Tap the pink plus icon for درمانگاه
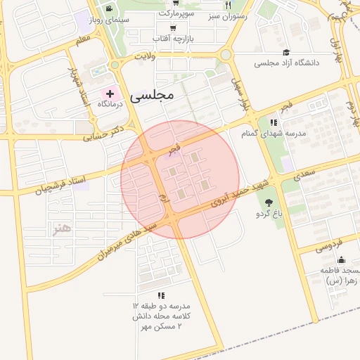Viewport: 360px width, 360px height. [110, 94]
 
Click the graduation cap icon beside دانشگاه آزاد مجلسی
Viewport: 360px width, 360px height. [286, 52]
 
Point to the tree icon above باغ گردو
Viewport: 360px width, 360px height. [269, 202]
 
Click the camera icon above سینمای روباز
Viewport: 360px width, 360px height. [109, 8]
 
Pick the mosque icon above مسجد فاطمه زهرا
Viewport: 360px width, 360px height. [342, 260]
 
